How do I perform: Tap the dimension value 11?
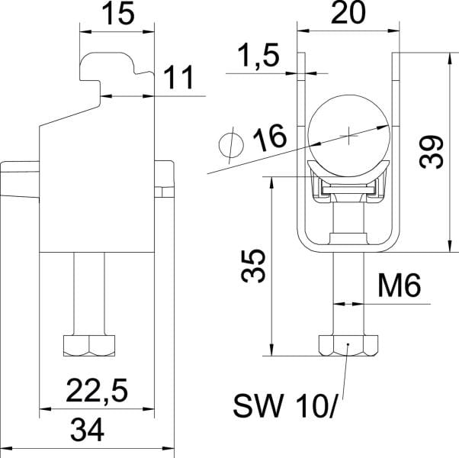tap(179, 77)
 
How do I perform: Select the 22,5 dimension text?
tap(97, 391)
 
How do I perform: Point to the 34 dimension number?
tap(88, 431)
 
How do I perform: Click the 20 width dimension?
tap(348, 13)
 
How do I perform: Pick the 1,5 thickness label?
tap(258, 56)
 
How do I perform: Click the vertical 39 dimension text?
tap(432, 151)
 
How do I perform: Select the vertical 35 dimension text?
tap(253, 266)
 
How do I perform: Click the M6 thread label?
tap(400, 285)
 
